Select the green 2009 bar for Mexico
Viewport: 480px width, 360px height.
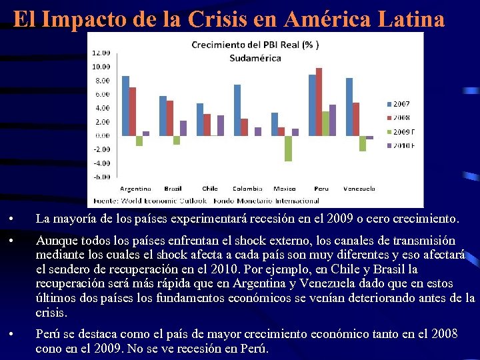pos(288,148)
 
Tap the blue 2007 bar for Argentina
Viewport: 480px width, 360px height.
pos(125,105)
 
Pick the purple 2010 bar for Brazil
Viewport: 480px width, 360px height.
pos(183,128)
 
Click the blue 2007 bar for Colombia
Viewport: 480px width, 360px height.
pos(237,110)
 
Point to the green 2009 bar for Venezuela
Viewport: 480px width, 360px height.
pos(362,143)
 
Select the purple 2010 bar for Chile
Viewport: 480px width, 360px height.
pos(221,125)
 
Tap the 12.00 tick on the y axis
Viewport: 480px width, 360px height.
pos(101,52)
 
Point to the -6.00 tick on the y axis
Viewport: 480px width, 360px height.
pos(101,177)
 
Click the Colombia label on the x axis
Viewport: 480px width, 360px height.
pos(247,189)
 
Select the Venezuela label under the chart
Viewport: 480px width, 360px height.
pos(359,189)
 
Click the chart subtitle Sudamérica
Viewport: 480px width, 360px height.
pos(255,58)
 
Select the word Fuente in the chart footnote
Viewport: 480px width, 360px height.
pos(105,200)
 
